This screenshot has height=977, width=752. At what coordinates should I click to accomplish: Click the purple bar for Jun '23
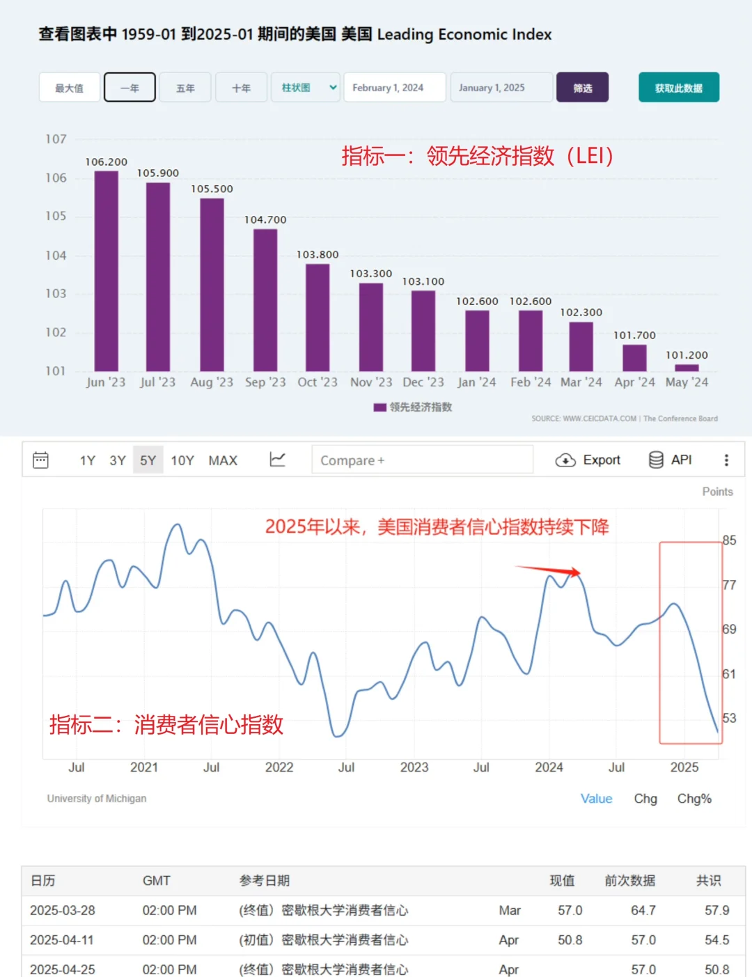(x=106, y=271)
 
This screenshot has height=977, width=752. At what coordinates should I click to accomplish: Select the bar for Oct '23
(x=318, y=318)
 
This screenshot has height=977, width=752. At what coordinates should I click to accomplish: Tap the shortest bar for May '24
(x=687, y=368)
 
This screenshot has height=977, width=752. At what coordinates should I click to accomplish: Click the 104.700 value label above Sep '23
(x=265, y=220)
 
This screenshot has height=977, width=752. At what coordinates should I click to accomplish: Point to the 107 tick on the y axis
(x=56, y=139)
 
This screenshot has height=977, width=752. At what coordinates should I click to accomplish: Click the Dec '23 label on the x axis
(x=423, y=382)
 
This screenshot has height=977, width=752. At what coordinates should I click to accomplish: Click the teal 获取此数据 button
(x=678, y=88)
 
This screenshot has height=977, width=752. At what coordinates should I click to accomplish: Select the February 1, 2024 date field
(x=394, y=88)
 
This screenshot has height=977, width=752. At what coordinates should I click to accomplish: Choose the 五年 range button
(x=185, y=88)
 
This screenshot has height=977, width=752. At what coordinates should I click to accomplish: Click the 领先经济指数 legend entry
(x=414, y=407)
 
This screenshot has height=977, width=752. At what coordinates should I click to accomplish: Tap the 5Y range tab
(x=148, y=460)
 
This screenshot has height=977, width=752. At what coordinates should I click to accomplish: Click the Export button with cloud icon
(x=588, y=460)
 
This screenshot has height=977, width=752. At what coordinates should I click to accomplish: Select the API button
(x=671, y=460)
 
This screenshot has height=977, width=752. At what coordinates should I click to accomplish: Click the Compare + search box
(x=422, y=460)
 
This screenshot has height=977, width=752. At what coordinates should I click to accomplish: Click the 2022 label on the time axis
(x=279, y=767)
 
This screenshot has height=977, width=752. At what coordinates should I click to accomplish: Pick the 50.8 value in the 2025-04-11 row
(x=570, y=940)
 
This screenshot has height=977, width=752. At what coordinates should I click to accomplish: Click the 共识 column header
(x=708, y=881)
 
